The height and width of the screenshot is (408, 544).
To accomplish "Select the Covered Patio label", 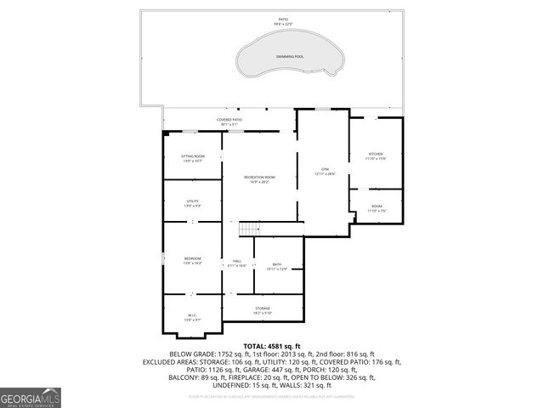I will coord(229,122).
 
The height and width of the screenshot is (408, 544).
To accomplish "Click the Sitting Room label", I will coord(193,158).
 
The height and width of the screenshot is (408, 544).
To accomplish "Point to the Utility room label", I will coord(193,203).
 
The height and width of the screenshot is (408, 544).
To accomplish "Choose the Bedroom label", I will coord(193,260).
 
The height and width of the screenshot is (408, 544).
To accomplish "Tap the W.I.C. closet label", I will coord(193,316).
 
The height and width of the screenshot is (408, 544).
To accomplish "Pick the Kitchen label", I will coord(376,156).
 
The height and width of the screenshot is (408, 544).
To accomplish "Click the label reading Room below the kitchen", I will coord(376,207).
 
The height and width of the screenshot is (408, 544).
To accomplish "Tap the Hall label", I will coord(236,263).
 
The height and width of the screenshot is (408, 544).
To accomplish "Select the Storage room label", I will coord(263,309).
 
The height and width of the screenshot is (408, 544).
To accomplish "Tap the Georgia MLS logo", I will coord(31,398).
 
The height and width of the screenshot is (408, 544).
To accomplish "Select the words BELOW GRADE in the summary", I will coord(190,354).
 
